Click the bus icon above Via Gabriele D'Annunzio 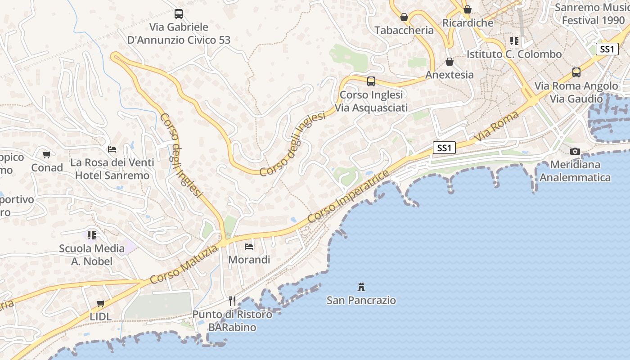179,14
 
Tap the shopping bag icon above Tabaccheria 404,17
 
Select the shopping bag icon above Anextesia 449,62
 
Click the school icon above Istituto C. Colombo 514,41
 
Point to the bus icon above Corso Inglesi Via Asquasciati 371,81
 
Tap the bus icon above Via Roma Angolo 576,72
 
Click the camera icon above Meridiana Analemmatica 575,151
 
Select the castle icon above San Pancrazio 361,287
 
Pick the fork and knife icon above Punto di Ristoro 232,301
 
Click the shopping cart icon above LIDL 101,303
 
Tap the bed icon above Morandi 249,246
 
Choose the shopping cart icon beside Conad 47,155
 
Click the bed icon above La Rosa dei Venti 112,149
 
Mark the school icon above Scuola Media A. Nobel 92,235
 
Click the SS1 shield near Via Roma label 444,147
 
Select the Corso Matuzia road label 184,265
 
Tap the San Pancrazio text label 361,300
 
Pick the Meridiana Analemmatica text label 575,171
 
